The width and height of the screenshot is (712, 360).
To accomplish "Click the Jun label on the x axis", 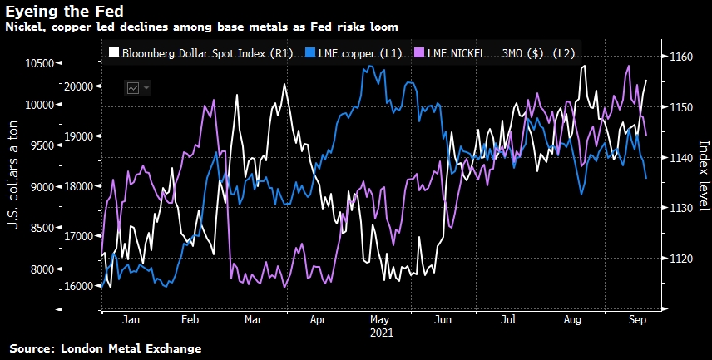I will tap(443, 318).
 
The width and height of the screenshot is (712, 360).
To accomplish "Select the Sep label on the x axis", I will tap(635, 318).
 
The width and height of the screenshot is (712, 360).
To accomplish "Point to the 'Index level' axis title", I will tap(702, 175).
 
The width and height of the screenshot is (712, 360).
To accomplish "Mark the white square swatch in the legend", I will tap(114, 53).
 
